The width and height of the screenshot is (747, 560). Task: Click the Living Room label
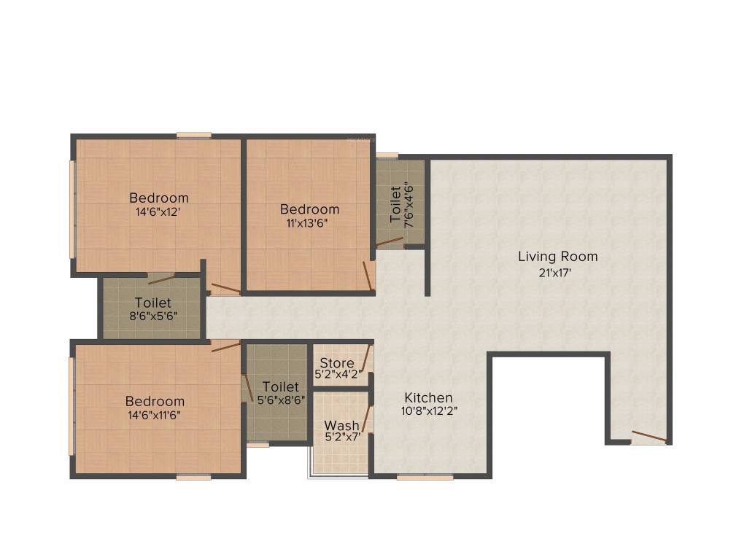point(557,257)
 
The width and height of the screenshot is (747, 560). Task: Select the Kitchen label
point(429,397)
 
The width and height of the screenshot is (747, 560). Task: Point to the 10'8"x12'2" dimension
point(429,411)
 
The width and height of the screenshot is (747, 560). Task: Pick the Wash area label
point(341,425)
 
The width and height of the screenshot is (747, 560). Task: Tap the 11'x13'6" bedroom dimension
point(309,223)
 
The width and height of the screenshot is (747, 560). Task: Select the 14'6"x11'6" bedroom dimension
point(154,415)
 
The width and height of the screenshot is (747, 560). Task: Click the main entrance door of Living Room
point(649,437)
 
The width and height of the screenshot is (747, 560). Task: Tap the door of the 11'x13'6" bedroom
point(369,276)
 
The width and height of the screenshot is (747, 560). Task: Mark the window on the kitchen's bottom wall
point(425,478)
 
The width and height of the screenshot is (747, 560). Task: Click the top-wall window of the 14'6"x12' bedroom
point(194,135)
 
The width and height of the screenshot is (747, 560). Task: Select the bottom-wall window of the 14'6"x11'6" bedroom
point(193,478)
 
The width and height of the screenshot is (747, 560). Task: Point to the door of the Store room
point(366,359)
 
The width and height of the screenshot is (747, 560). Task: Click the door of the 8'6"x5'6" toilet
point(161,278)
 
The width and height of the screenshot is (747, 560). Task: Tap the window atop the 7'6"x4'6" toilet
point(387,155)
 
